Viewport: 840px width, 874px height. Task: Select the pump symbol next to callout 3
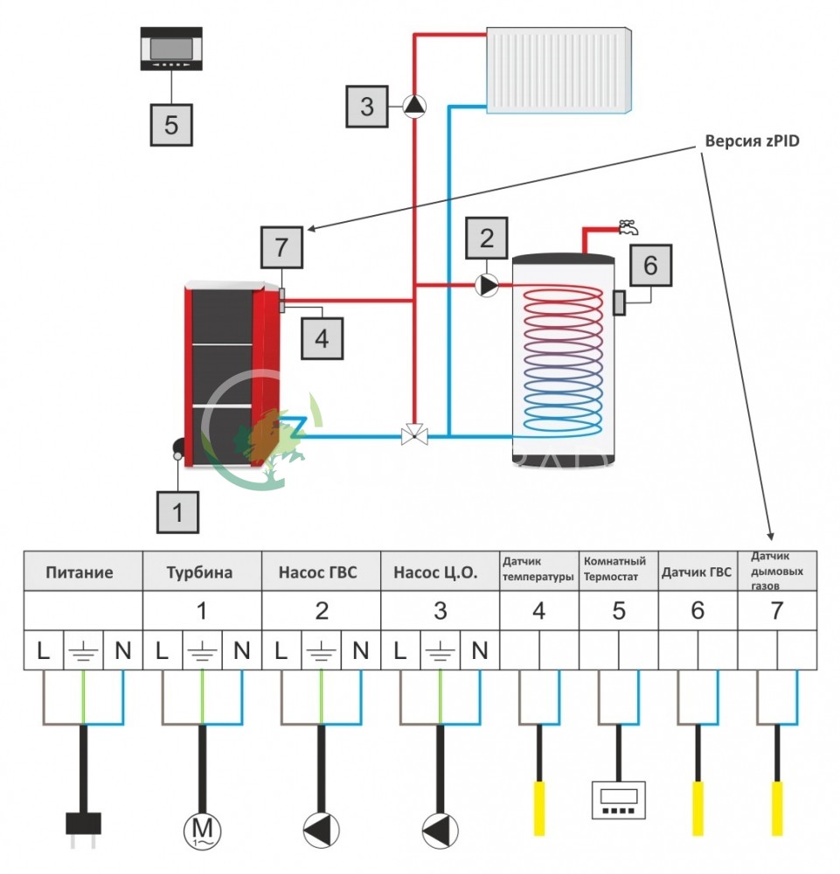415,107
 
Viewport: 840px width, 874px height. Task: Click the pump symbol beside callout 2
488,284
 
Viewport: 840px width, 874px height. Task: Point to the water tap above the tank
626,226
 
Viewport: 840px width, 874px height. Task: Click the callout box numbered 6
651,263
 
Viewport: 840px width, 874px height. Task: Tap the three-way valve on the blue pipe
414,434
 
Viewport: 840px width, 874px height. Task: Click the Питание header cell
83,572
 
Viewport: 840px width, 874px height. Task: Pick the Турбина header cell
202,572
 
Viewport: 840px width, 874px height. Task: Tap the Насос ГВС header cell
321,572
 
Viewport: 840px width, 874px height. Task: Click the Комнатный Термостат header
618,568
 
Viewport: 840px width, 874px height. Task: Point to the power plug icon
84,825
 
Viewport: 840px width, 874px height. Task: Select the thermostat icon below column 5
618,800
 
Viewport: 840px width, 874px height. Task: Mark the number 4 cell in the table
538,611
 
